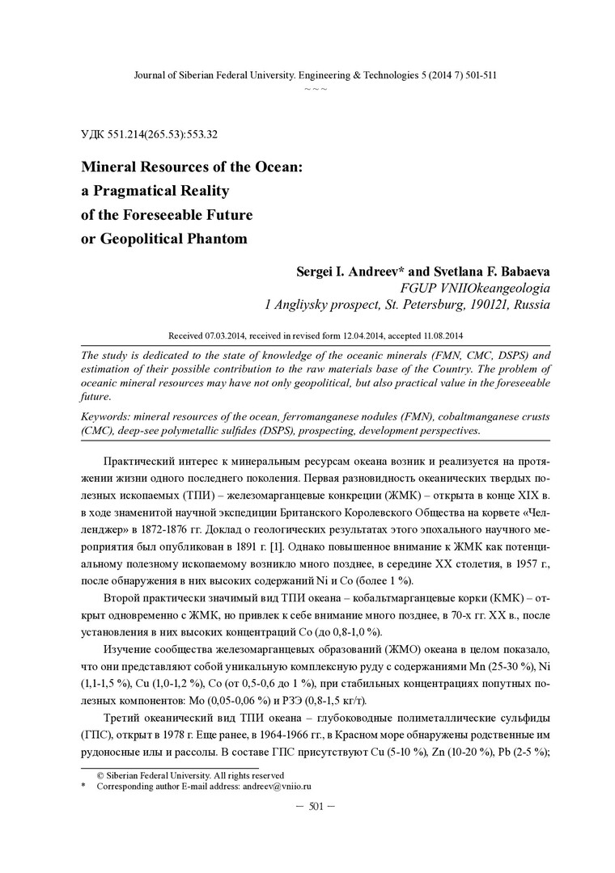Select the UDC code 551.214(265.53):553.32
(x=163, y=135)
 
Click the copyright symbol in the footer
(x=100, y=774)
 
